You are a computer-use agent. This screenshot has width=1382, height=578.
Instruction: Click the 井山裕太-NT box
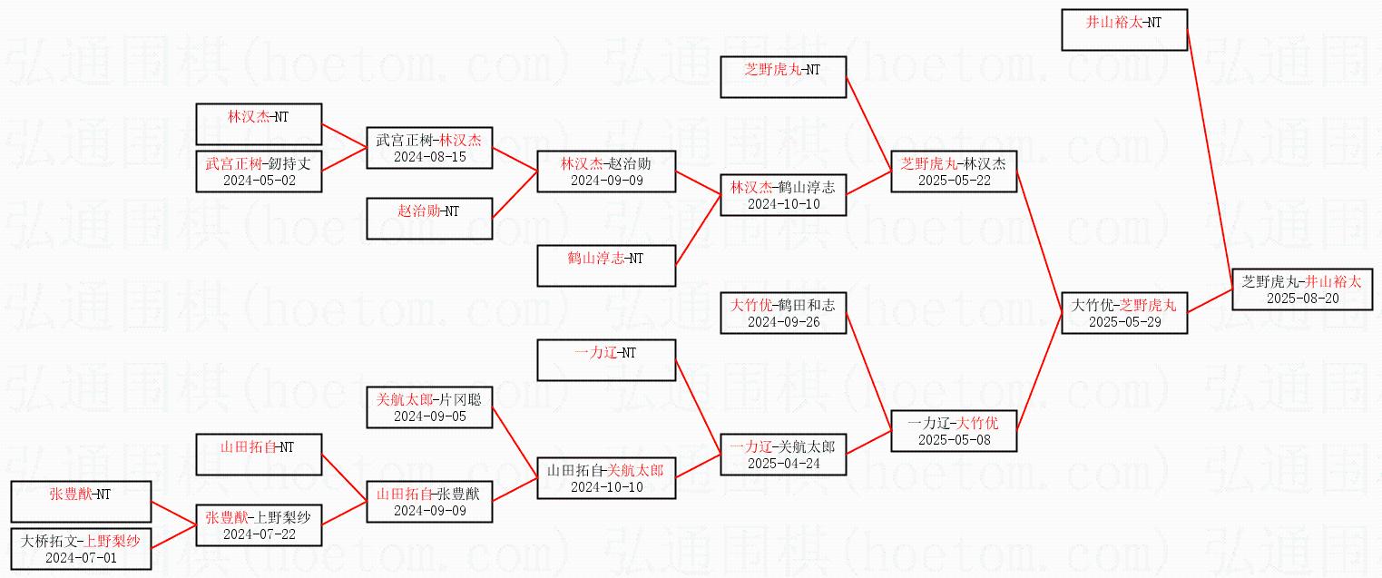pos(1124,29)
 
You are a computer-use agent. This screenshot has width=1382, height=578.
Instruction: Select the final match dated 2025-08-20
pos(1301,289)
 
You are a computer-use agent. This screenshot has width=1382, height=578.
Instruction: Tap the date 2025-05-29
pos(1124,321)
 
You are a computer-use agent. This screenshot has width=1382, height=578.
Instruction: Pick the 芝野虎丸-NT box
pos(783,76)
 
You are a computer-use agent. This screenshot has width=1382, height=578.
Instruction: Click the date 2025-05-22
pos(954,180)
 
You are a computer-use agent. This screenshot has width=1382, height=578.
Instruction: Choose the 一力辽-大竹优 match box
pos(954,430)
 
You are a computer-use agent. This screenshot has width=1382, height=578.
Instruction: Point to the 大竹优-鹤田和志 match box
pos(783,312)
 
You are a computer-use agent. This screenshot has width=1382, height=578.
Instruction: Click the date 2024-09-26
pos(783,321)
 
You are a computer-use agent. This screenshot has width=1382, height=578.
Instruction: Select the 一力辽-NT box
pos(606,359)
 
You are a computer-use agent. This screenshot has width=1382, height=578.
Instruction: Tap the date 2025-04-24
pos(783,463)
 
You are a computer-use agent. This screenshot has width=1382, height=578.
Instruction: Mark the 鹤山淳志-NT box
pos(606,265)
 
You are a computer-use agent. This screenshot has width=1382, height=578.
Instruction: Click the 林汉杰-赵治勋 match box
pos(606,171)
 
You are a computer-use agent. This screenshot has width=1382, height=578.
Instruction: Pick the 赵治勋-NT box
pos(429,218)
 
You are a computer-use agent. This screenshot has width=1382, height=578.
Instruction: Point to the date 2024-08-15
pos(429,156)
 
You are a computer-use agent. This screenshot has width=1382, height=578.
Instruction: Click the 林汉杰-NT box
pos(259,123)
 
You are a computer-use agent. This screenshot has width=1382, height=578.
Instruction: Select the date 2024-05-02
pos(259,180)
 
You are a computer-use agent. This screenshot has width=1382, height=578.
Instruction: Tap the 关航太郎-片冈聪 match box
pos(429,407)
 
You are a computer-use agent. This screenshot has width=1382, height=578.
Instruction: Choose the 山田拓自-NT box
pos(259,454)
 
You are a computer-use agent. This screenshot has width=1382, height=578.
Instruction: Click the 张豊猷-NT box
pos(80,501)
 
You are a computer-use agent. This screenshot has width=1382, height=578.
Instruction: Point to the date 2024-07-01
pos(80,557)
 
